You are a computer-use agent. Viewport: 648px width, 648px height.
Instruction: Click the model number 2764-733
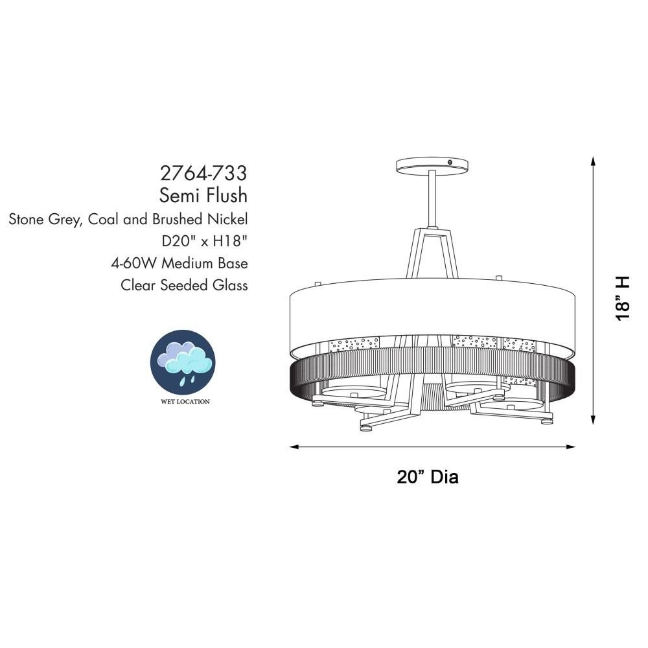[x=203, y=173]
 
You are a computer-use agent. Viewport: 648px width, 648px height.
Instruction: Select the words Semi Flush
[x=203, y=196]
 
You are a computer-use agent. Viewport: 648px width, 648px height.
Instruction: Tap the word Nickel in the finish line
[x=227, y=219]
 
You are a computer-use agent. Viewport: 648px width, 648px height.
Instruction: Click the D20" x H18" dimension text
[x=205, y=241]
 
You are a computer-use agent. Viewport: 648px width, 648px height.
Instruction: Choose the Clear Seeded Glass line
[x=184, y=285]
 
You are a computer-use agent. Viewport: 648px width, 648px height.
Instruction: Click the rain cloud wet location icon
[x=182, y=362]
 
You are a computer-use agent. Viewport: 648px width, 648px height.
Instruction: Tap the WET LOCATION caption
[x=185, y=401]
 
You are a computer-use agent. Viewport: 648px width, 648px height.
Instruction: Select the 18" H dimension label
[x=622, y=298]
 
